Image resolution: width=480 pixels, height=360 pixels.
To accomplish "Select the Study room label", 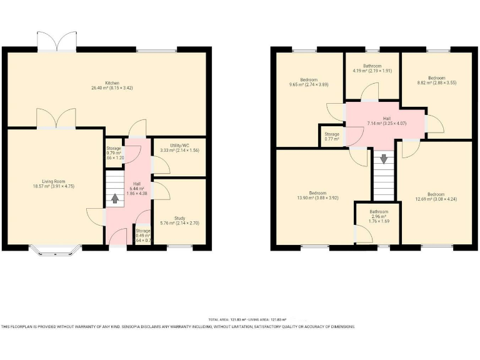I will [x=179, y=219].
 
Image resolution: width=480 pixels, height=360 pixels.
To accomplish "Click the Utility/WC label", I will [x=179, y=147].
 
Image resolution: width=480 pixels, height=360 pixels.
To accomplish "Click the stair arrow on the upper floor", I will [x=384, y=159].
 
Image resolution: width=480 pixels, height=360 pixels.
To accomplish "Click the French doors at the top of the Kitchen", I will [x=57, y=42].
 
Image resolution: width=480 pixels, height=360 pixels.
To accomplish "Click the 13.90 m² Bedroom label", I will [x=317, y=194].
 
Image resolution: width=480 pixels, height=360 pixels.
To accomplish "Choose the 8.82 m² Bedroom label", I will [x=436, y=80].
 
